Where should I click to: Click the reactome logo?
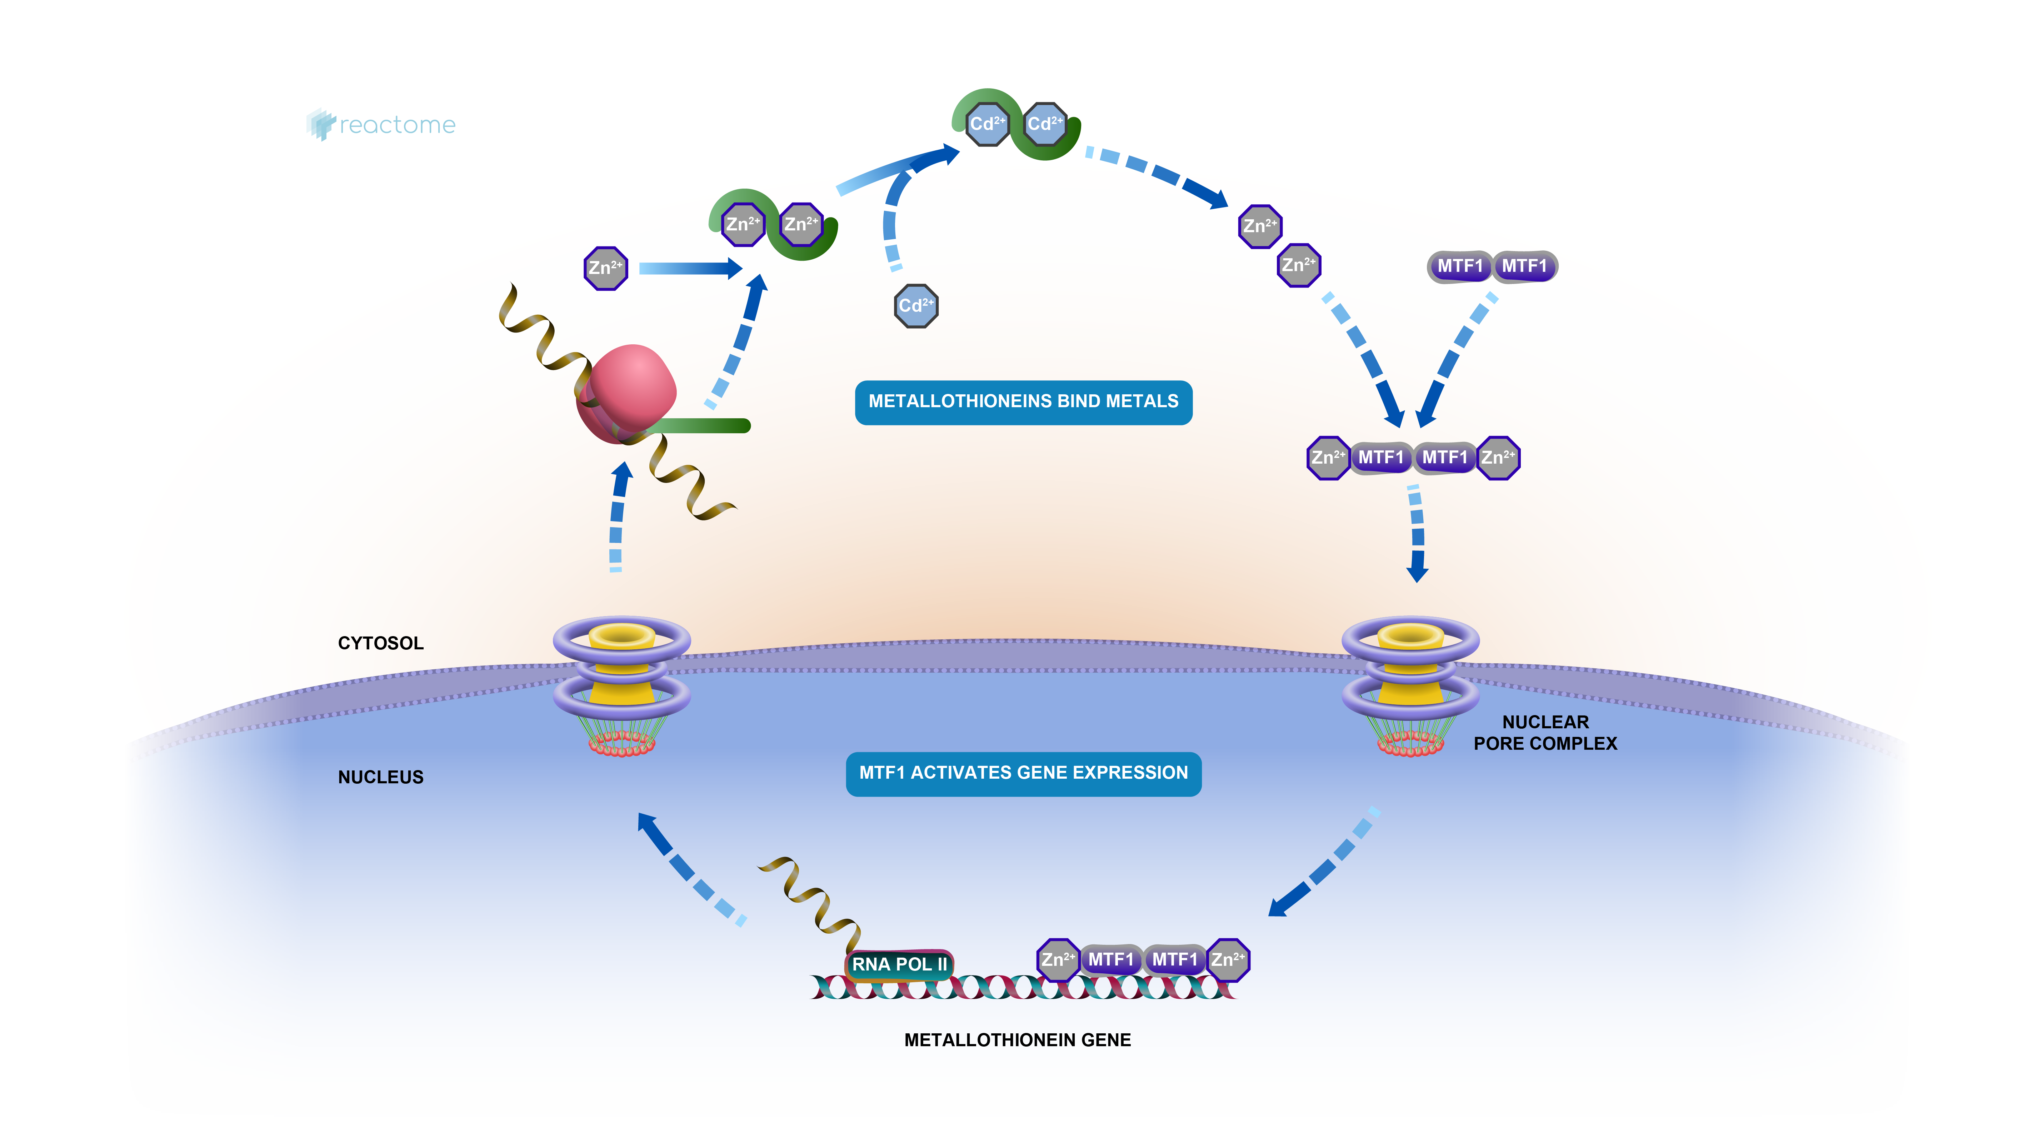[x=381, y=125]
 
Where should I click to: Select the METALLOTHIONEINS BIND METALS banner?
[x=1024, y=402]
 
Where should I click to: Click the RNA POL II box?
[x=899, y=964]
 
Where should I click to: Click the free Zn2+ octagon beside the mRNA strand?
[x=605, y=268]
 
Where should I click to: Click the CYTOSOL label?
[x=380, y=643]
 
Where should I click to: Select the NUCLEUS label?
[x=380, y=778]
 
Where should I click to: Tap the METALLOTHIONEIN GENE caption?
[x=1017, y=1040]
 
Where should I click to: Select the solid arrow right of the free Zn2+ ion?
[x=690, y=268]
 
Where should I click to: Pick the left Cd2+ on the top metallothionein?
[x=987, y=124]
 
